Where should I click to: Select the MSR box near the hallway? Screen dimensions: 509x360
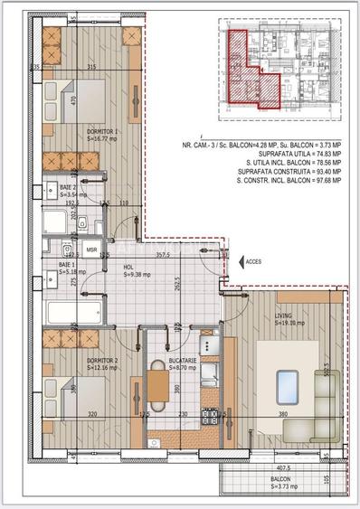tap(91, 250)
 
